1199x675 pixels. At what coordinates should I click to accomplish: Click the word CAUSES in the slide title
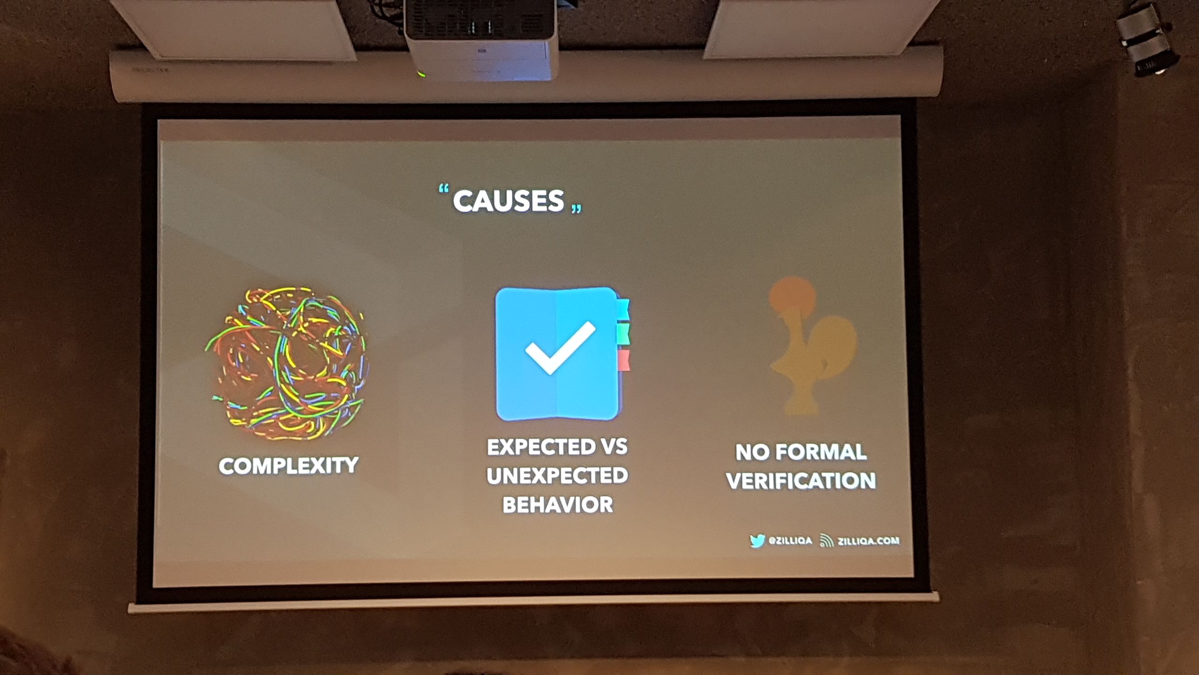click(x=508, y=201)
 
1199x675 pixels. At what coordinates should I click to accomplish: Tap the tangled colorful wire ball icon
click(x=287, y=363)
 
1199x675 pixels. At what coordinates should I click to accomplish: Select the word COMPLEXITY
click(x=289, y=466)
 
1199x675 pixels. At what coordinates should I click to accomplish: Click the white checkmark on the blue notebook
click(x=560, y=347)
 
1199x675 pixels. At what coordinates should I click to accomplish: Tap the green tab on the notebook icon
click(x=623, y=334)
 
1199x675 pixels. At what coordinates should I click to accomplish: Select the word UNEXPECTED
click(x=557, y=476)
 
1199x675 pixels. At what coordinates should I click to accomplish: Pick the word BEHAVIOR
click(x=557, y=505)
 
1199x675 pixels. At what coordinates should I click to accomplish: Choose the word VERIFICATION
click(x=801, y=481)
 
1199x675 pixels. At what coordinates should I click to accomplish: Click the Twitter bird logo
click(x=757, y=541)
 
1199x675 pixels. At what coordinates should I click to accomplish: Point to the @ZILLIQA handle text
click(x=790, y=541)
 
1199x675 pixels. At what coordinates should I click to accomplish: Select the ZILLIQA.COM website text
click(x=868, y=541)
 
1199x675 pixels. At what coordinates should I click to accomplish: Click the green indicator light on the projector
click(x=422, y=74)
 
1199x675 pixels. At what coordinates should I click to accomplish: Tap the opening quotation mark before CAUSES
click(x=444, y=190)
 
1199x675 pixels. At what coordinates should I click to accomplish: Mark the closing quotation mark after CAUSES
click(x=577, y=209)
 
